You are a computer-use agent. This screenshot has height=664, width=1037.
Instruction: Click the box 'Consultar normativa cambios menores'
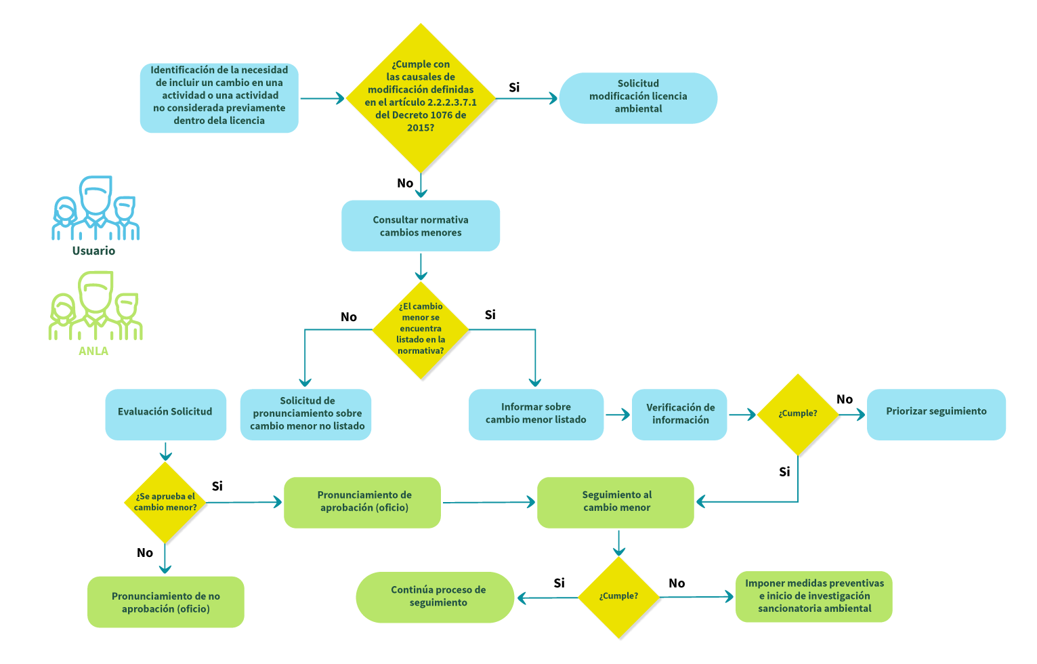pyautogui.click(x=421, y=226)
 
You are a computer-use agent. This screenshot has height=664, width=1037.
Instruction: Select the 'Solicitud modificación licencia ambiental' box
pyautogui.click(x=638, y=98)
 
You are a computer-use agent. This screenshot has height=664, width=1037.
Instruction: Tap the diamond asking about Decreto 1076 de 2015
pyautogui.click(x=421, y=98)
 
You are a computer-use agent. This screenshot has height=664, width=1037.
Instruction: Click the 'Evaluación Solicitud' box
pyautogui.click(x=165, y=413)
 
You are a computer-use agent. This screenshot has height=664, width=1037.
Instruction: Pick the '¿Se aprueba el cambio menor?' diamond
pyautogui.click(x=165, y=502)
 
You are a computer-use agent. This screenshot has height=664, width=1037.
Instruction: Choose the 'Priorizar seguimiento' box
pyautogui.click(x=936, y=413)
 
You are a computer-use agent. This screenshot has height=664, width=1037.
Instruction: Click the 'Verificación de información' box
pyautogui.click(x=680, y=414)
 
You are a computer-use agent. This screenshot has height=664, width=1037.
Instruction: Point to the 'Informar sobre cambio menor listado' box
pyautogui.click(x=536, y=414)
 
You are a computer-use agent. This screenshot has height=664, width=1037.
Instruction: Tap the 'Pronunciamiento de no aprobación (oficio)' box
pyautogui.click(x=166, y=602)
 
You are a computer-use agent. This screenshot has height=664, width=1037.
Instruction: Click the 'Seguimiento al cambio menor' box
pyautogui.click(x=616, y=502)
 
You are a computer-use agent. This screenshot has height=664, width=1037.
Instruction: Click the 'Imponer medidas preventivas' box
pyautogui.click(x=814, y=596)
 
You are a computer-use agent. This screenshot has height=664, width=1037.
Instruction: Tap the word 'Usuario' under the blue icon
pyautogui.click(x=93, y=251)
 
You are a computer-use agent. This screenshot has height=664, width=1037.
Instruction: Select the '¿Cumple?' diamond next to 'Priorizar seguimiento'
pyautogui.click(x=797, y=414)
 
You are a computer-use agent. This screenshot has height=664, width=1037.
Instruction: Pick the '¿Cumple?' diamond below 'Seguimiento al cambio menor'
pyautogui.click(x=618, y=597)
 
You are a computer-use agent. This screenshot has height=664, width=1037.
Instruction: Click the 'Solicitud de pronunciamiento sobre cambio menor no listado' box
pyautogui.click(x=306, y=414)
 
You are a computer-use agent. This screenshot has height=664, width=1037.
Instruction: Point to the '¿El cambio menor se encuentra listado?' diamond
pyautogui.click(x=421, y=329)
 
